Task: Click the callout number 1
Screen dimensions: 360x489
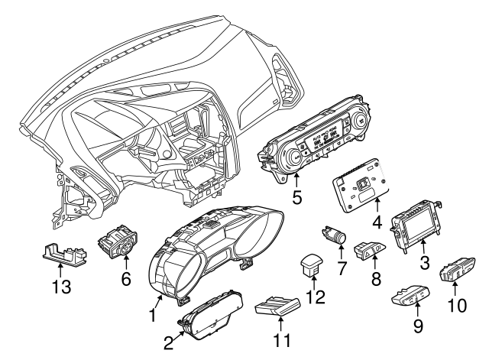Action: point(154,314)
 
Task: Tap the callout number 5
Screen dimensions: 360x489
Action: point(297,196)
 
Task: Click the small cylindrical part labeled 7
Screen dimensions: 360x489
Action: point(335,232)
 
